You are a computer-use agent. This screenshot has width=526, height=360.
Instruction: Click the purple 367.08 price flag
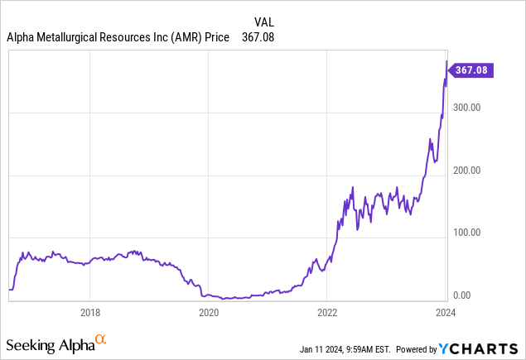[473, 71]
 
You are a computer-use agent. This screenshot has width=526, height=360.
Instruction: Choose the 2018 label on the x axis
[90, 312]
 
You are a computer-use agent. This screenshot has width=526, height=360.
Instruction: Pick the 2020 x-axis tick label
[209, 312]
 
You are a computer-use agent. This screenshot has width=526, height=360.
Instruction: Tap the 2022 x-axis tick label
[327, 312]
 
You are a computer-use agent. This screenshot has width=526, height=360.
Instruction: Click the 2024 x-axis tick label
[446, 312]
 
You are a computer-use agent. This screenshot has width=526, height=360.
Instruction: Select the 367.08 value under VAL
[258, 37]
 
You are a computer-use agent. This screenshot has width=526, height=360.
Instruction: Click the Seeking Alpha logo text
[50, 343]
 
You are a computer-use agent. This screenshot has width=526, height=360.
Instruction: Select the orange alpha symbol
[101, 339]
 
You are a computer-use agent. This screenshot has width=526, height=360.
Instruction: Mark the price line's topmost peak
[446, 60]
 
